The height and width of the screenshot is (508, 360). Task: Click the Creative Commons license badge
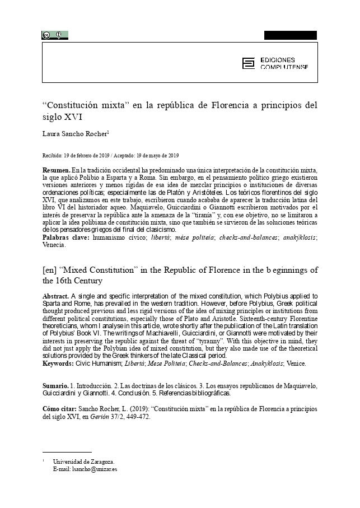coord(54,35)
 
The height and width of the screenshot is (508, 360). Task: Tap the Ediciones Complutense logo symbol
coord(247,63)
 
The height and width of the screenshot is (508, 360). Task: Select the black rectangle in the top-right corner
coord(290,35)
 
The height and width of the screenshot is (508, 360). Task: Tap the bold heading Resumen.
coord(57,169)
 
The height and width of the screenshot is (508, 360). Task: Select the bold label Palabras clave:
coord(66,237)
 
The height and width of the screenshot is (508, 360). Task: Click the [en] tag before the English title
coord(49,271)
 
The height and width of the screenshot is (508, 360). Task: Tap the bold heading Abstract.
coord(57,296)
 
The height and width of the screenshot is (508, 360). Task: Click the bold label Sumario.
coord(56,386)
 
